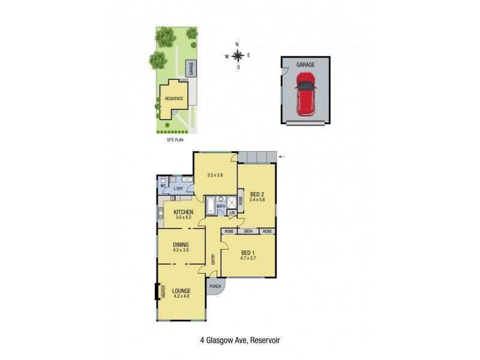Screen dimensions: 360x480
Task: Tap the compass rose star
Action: (238, 56)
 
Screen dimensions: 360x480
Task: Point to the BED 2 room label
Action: (257, 194)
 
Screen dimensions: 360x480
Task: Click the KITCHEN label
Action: (182, 212)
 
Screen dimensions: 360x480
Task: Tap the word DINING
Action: (181, 244)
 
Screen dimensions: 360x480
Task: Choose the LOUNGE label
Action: (181, 291)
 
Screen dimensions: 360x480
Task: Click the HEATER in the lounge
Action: (162, 292)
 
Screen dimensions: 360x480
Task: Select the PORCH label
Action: (215, 286)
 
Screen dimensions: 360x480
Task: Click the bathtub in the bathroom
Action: (210, 207)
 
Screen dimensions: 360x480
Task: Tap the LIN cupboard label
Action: (232, 212)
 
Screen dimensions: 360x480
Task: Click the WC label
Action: (163, 185)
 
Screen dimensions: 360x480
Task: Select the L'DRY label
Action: (178, 190)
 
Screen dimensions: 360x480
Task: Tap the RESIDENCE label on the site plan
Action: (173, 98)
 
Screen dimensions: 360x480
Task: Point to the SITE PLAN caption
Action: (175, 139)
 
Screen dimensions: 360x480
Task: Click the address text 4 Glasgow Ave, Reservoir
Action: (240, 340)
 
